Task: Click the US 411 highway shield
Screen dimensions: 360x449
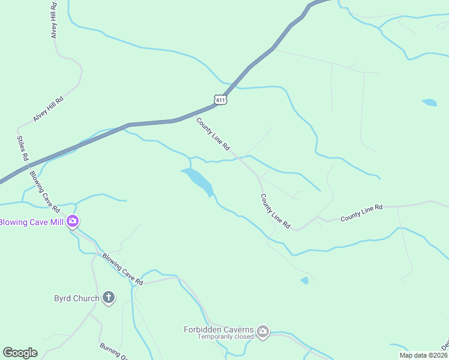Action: (x=220, y=99)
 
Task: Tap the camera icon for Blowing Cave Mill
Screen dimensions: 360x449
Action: (x=73, y=222)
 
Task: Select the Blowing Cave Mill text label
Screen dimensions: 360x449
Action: (x=32, y=223)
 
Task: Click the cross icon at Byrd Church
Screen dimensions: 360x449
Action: (x=109, y=298)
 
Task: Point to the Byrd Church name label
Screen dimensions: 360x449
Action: (x=76, y=298)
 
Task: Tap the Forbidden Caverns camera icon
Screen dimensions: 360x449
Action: (x=263, y=331)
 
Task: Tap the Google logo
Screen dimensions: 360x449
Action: (x=20, y=353)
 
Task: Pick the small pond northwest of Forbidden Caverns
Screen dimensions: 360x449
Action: (x=305, y=280)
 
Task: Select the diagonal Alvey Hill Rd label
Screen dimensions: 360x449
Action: (x=49, y=109)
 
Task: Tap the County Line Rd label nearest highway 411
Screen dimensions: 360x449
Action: (x=213, y=133)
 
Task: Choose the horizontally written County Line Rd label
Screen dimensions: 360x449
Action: (x=361, y=212)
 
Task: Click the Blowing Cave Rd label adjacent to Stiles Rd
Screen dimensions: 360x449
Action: (x=44, y=191)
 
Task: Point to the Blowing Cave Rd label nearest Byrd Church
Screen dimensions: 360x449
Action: (x=122, y=269)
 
